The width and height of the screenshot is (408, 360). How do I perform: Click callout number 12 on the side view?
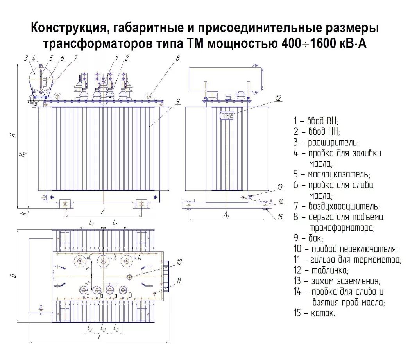[x=278, y=98]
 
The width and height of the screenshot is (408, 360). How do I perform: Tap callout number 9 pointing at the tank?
[x=177, y=101]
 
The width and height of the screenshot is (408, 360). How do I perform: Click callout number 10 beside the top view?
[x=179, y=262]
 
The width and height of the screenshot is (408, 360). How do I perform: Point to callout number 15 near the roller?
[x=280, y=217]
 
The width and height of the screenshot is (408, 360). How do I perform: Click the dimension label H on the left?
[x=13, y=135]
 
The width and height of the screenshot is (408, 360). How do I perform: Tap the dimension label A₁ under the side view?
[x=226, y=214]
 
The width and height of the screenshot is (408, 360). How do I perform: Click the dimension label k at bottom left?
[x=24, y=213]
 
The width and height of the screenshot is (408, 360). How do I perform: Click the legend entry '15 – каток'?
[x=314, y=313]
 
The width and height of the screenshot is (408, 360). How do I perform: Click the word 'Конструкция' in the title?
[x=66, y=28]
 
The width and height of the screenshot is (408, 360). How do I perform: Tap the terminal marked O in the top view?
[x=123, y=290]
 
